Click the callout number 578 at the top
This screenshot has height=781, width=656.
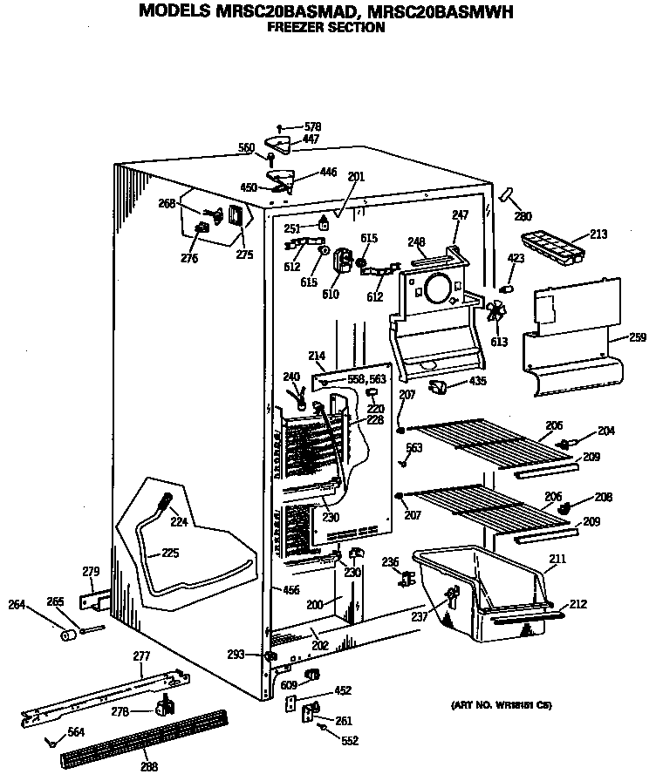tap(312, 127)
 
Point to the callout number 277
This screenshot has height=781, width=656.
tap(141, 655)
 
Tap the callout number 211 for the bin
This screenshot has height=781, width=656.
tap(557, 559)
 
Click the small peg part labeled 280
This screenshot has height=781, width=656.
tap(505, 196)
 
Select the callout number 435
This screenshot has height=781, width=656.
tap(478, 381)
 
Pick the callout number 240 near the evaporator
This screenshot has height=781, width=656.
tap(290, 377)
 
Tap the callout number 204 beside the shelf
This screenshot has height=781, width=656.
tap(605, 431)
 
